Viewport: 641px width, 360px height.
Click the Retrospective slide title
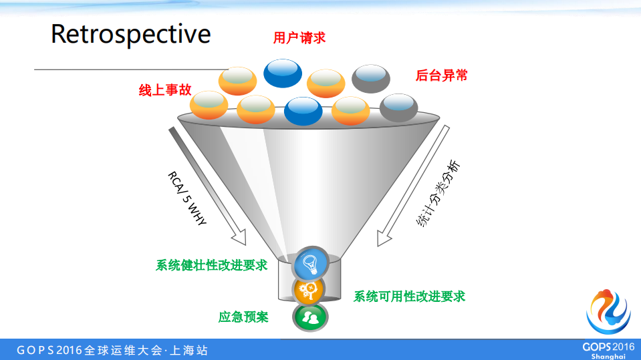131,34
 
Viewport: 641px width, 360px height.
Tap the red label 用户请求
299,38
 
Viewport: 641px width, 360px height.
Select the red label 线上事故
164,90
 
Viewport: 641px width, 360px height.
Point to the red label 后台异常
441,75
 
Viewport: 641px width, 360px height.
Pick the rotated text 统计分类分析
438,194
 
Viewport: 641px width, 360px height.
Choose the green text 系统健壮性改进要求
211,265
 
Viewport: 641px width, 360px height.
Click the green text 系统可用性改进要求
409,296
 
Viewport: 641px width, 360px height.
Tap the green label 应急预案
243,317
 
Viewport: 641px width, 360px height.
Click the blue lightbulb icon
311,262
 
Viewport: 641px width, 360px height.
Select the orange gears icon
309,290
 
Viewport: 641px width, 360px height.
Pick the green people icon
309,317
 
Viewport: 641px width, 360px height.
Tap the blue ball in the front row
303,111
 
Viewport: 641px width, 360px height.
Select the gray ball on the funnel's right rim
399,107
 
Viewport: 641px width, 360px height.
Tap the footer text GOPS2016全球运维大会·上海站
112,350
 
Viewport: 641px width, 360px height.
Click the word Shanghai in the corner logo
608,356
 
